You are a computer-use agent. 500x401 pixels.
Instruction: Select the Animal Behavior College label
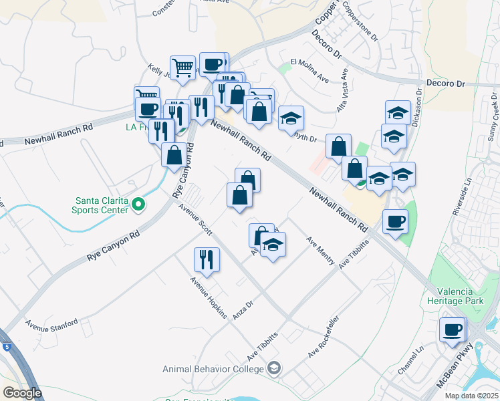[x=214, y=369]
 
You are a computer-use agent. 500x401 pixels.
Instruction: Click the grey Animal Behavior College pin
[x=273, y=368]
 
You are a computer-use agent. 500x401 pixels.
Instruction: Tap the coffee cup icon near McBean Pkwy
[x=453, y=329]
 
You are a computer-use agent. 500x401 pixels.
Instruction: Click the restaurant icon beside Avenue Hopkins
[x=207, y=259]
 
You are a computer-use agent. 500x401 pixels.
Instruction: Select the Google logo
[x=22, y=393]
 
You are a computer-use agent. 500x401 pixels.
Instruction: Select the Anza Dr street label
[x=243, y=309]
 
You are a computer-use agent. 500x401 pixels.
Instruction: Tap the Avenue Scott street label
[x=195, y=221]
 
